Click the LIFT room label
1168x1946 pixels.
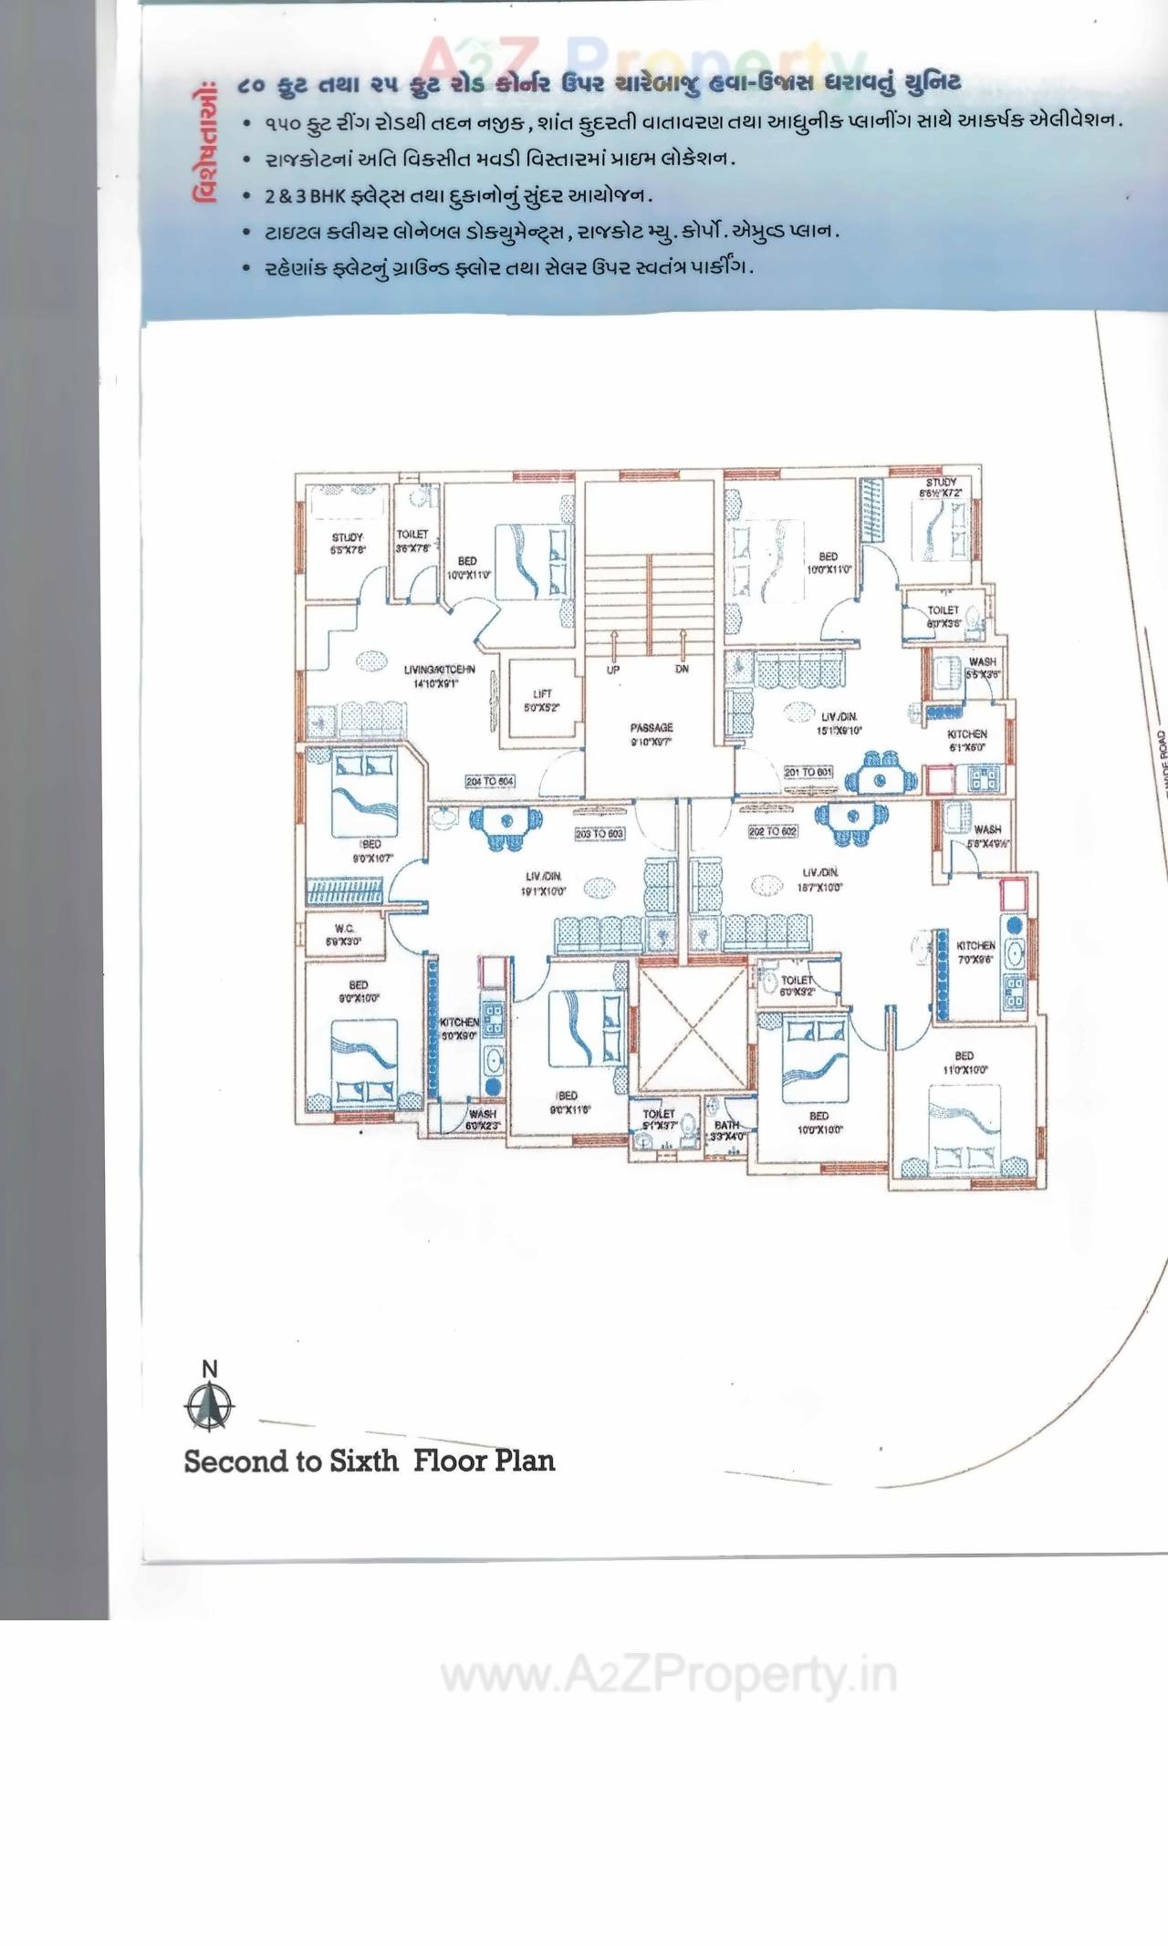coord(541,700)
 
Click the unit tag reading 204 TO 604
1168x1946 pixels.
coord(490,782)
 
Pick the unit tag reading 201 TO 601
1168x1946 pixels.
coord(808,772)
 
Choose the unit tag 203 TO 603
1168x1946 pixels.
coord(600,834)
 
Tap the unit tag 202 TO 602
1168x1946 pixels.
coord(773,831)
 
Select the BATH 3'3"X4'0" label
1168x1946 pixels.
coord(727,1130)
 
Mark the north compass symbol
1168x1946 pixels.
coord(209,1406)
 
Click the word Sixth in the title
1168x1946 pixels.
coord(363,1461)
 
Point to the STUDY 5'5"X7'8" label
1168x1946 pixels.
coord(348,544)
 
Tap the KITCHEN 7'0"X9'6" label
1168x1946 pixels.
coord(975,952)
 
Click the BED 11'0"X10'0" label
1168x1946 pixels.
coord(965,1062)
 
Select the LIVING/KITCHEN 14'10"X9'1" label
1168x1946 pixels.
coord(439,676)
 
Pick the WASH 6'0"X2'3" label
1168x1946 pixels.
coord(482,1119)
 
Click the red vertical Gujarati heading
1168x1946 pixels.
coord(205,143)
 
